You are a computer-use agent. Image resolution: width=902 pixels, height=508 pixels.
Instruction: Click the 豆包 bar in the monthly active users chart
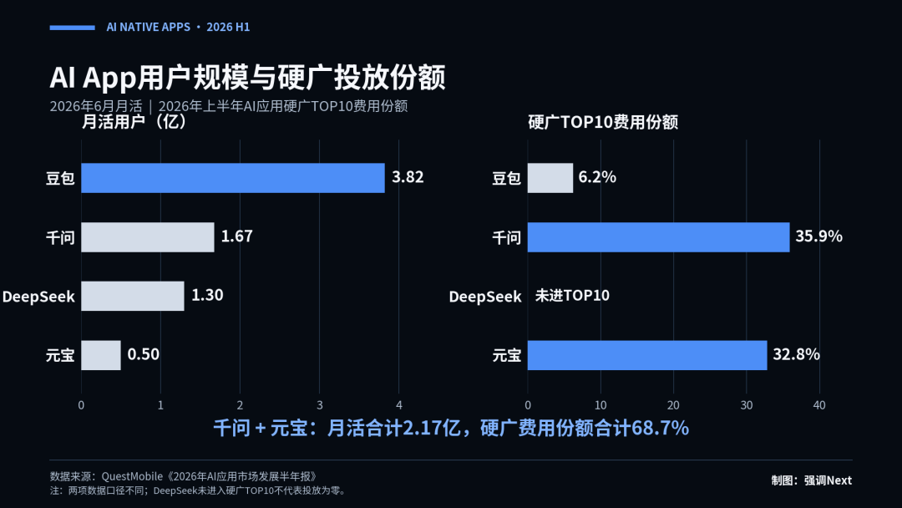coord(233,178)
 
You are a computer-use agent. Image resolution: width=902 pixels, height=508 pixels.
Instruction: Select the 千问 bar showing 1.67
coord(148,237)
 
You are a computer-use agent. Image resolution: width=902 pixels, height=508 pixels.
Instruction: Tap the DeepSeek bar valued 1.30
coord(133,296)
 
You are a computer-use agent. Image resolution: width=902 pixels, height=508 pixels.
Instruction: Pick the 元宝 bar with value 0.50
coord(101,355)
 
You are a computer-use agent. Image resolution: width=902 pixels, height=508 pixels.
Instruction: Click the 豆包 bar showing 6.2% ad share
coord(550,178)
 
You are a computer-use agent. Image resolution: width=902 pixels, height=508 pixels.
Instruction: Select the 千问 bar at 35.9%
coord(659,237)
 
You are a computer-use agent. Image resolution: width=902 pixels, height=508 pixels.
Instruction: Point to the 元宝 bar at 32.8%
coord(647,355)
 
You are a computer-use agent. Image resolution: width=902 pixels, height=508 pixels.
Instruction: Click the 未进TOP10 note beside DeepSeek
coord(572,296)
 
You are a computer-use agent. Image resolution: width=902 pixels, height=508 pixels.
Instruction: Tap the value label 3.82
coord(408,177)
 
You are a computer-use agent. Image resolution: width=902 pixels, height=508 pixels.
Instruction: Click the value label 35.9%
coord(819,236)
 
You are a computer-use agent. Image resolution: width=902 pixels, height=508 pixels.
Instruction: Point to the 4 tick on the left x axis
coord(399,405)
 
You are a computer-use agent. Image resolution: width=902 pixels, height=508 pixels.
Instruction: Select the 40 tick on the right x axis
coord(819,405)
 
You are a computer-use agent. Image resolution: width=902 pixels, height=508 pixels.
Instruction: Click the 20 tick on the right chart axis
coord(673,405)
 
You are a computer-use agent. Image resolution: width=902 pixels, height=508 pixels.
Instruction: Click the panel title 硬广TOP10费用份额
coord(603,122)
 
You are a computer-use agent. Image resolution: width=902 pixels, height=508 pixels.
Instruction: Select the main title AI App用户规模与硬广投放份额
coord(247,78)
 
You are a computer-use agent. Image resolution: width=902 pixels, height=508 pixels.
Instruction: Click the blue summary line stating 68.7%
coord(451,428)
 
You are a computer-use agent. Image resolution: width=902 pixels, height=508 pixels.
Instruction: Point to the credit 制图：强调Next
coord(812,480)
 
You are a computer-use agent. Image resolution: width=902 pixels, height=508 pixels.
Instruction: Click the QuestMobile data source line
coord(184,476)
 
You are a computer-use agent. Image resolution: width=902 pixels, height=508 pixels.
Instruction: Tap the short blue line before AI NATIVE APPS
coord(73,28)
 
